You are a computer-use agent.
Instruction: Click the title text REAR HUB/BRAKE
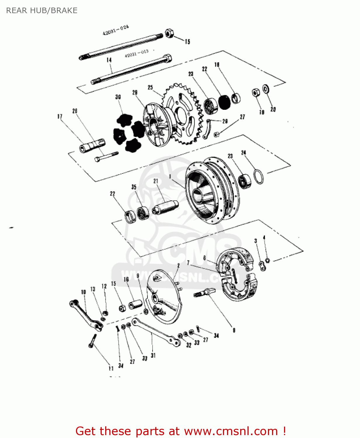pos(42,11)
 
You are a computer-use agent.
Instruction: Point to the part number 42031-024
pos(115,30)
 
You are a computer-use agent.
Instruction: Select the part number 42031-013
pos(137,53)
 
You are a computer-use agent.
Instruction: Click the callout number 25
pos(150,87)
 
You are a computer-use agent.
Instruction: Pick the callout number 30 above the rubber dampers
pos(118,97)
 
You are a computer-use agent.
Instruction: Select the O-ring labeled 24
pos(258,177)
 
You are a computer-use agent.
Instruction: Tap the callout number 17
pos(60,117)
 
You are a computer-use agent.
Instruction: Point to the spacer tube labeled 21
pos(165,207)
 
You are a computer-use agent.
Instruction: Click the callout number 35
pos(134,187)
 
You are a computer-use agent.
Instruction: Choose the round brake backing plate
pos(164,296)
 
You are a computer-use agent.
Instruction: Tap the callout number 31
pos(153,355)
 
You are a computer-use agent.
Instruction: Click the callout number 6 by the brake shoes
pos(205,258)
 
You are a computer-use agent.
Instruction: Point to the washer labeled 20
pos(266,89)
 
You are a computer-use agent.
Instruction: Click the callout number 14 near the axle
pos(109,60)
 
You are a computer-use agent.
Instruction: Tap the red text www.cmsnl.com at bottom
pos(231,431)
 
